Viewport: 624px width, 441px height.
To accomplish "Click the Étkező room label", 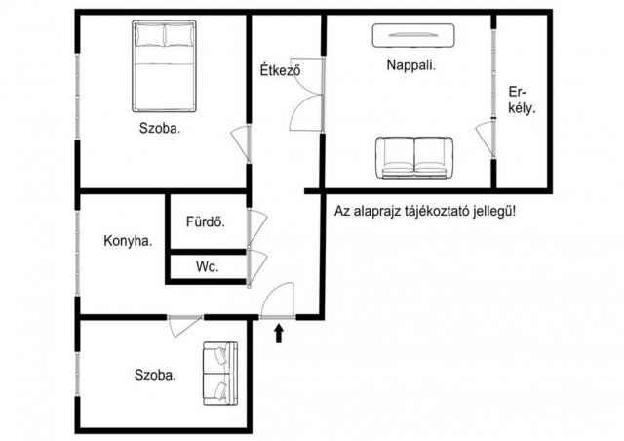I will (x=279, y=70).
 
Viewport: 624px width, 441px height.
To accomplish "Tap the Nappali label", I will (x=410, y=67).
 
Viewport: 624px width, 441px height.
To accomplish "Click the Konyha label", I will (x=128, y=241).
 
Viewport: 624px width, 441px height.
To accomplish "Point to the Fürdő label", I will (x=206, y=221).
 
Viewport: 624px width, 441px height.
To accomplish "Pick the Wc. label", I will (x=206, y=265).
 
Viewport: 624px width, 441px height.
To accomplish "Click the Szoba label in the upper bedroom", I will (x=159, y=128).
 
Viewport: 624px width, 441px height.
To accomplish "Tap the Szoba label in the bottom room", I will (x=155, y=374).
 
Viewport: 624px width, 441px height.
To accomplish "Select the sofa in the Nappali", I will (x=414, y=157).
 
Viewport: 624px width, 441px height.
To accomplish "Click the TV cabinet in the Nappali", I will (x=413, y=35).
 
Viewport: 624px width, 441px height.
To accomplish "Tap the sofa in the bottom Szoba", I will (x=218, y=374).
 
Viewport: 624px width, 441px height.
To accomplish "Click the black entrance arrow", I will (x=280, y=334).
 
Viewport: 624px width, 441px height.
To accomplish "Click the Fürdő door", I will (x=256, y=226).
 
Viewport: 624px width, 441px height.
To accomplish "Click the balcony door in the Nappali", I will (x=485, y=136).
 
